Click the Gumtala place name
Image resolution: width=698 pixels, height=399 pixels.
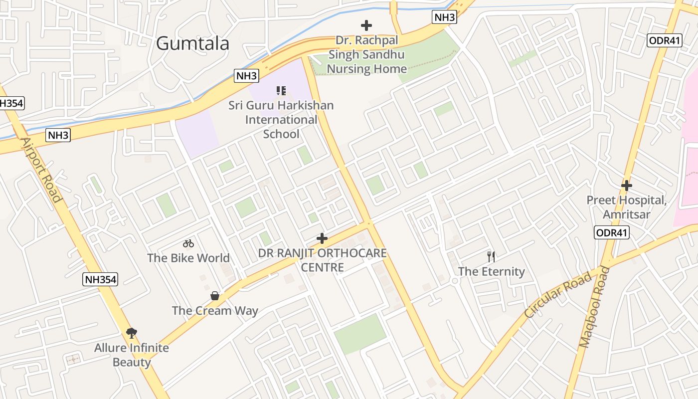coord(192,43)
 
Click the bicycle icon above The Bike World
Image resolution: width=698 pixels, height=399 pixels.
coord(188,243)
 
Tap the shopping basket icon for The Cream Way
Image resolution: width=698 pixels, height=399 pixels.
coord(215,296)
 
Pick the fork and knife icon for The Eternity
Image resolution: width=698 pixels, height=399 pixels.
coord(492,257)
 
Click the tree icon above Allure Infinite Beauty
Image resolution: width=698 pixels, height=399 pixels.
coord(132,333)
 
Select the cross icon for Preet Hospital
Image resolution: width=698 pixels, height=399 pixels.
coord(627,186)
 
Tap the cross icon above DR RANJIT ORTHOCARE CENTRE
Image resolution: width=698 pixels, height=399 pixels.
coord(322,238)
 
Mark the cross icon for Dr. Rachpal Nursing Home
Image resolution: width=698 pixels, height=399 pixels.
coord(366,25)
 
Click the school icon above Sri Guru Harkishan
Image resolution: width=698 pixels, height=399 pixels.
coord(281,91)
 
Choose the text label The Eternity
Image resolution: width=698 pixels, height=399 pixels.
coord(492,271)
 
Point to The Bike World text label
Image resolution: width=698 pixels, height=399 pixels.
coord(188,258)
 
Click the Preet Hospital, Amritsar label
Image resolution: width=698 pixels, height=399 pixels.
coord(627,207)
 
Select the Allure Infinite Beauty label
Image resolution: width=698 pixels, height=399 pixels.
coord(132,355)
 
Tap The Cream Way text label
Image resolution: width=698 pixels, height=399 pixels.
coord(215,311)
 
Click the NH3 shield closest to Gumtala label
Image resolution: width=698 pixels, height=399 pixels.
coord(246,76)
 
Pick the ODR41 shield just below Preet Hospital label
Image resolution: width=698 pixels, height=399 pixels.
coord(612,232)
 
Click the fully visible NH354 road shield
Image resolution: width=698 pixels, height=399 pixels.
coord(100,280)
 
